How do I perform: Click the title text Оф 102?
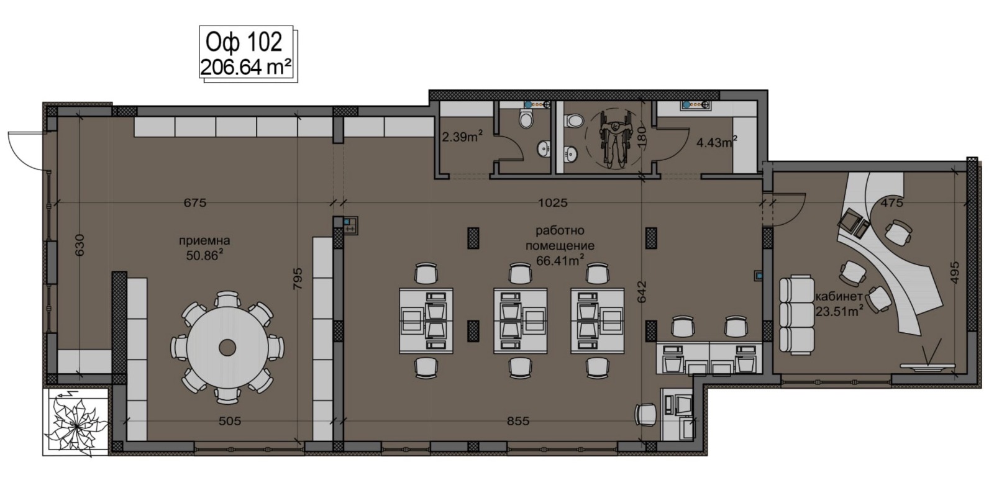click(x=244, y=43)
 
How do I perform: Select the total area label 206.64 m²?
click(x=246, y=68)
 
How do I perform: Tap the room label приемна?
click(x=204, y=241)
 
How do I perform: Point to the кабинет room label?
click(x=839, y=296)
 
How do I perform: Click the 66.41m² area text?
click(x=560, y=260)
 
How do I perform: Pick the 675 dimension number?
click(x=195, y=202)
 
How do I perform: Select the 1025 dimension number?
click(x=552, y=202)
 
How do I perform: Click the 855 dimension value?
click(x=518, y=421)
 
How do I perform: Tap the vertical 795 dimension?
click(x=298, y=278)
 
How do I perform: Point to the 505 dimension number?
click(x=230, y=421)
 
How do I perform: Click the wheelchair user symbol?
click(x=615, y=139)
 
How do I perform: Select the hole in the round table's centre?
click(x=227, y=346)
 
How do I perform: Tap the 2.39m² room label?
click(x=462, y=137)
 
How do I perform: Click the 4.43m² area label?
click(x=717, y=142)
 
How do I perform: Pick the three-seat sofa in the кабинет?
click(x=797, y=315)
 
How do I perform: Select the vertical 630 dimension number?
click(x=80, y=245)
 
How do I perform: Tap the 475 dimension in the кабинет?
click(x=892, y=202)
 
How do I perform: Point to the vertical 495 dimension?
click(x=955, y=272)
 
